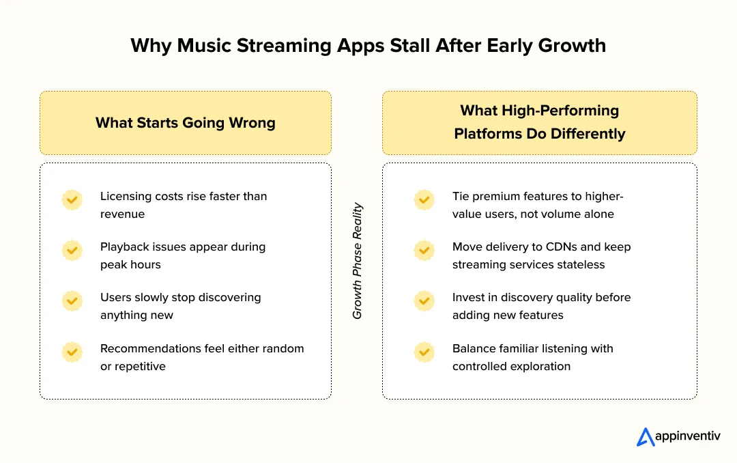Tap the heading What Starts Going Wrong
point(186,123)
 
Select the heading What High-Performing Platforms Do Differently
point(539,122)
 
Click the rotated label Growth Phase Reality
point(357,262)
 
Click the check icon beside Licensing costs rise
point(72,199)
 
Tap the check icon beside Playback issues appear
point(72,250)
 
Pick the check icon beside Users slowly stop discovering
point(72,300)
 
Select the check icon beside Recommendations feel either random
point(72,352)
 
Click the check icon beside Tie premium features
point(424,199)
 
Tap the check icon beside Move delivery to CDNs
point(424,250)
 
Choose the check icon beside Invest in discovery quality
point(424,300)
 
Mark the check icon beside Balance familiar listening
point(424,352)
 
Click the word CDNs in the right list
point(562,247)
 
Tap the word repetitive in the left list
point(140,366)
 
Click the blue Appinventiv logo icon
point(646,437)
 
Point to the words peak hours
point(130,264)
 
